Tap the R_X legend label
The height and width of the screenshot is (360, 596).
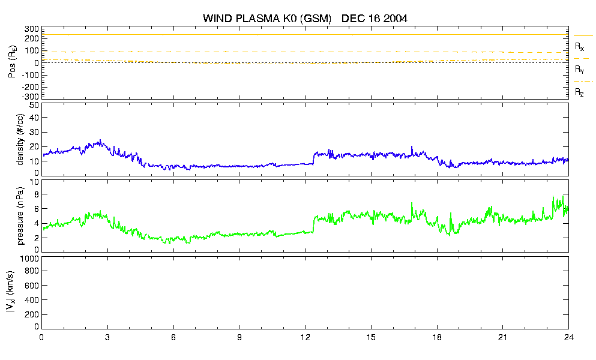[579, 47]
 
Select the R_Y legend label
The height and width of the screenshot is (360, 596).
[579, 69]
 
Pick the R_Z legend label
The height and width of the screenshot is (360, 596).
[579, 92]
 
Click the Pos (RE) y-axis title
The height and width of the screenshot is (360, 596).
[12, 62]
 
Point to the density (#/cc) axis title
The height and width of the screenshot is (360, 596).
[20, 140]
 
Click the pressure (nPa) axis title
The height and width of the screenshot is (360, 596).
[20, 215]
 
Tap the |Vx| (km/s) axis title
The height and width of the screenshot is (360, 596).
[11, 292]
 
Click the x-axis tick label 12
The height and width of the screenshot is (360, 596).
[306, 338]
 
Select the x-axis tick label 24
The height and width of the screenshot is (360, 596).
[568, 338]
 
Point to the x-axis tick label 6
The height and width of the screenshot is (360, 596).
[173, 338]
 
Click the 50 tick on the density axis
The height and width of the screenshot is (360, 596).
[34, 106]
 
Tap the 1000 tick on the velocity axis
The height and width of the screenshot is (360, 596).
[29, 259]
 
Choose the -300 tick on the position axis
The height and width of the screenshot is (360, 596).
[31, 97]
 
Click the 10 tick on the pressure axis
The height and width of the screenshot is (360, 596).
[34, 182]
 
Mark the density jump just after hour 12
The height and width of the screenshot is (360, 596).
[313, 158]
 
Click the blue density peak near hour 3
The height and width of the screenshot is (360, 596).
[100, 140]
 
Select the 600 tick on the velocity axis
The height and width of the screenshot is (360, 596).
[32, 286]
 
